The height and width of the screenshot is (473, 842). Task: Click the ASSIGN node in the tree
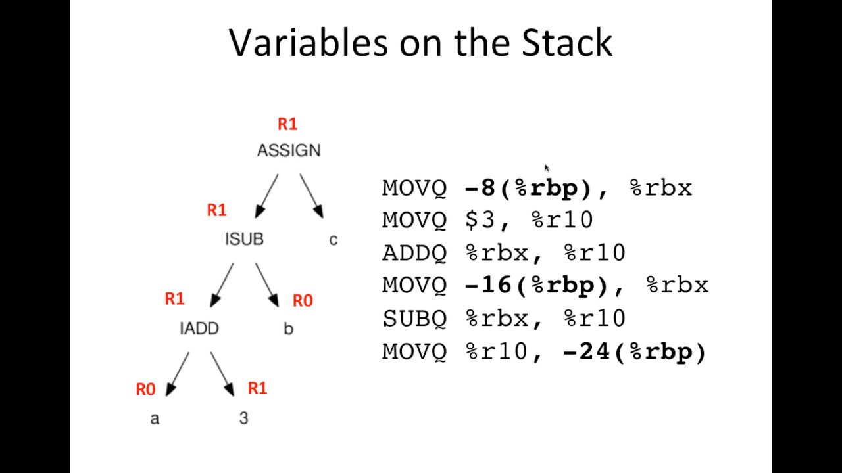click(289, 150)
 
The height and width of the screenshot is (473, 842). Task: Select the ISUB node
click(244, 239)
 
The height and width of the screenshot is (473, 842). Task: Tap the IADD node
click(199, 328)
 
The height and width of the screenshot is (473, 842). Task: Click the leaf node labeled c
click(333, 240)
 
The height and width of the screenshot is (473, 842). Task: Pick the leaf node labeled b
click(288, 328)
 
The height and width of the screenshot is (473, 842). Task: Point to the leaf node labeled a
click(155, 418)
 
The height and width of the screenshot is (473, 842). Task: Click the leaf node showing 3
click(243, 418)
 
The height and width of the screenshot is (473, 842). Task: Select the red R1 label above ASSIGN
click(287, 124)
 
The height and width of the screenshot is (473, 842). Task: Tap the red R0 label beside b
click(303, 301)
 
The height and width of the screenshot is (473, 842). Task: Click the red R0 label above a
click(145, 390)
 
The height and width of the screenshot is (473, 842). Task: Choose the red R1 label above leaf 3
click(257, 388)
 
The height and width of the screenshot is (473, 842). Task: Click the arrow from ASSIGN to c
click(312, 196)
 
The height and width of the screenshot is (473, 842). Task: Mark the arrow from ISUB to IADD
click(222, 285)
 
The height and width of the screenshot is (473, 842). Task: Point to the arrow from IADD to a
click(178, 374)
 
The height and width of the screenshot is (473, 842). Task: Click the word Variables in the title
click(309, 43)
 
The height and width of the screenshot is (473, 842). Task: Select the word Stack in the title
click(567, 43)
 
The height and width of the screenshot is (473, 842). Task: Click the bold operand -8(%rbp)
click(530, 188)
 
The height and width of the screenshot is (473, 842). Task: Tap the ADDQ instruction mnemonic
click(414, 253)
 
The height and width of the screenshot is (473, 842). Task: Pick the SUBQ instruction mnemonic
click(414, 319)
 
